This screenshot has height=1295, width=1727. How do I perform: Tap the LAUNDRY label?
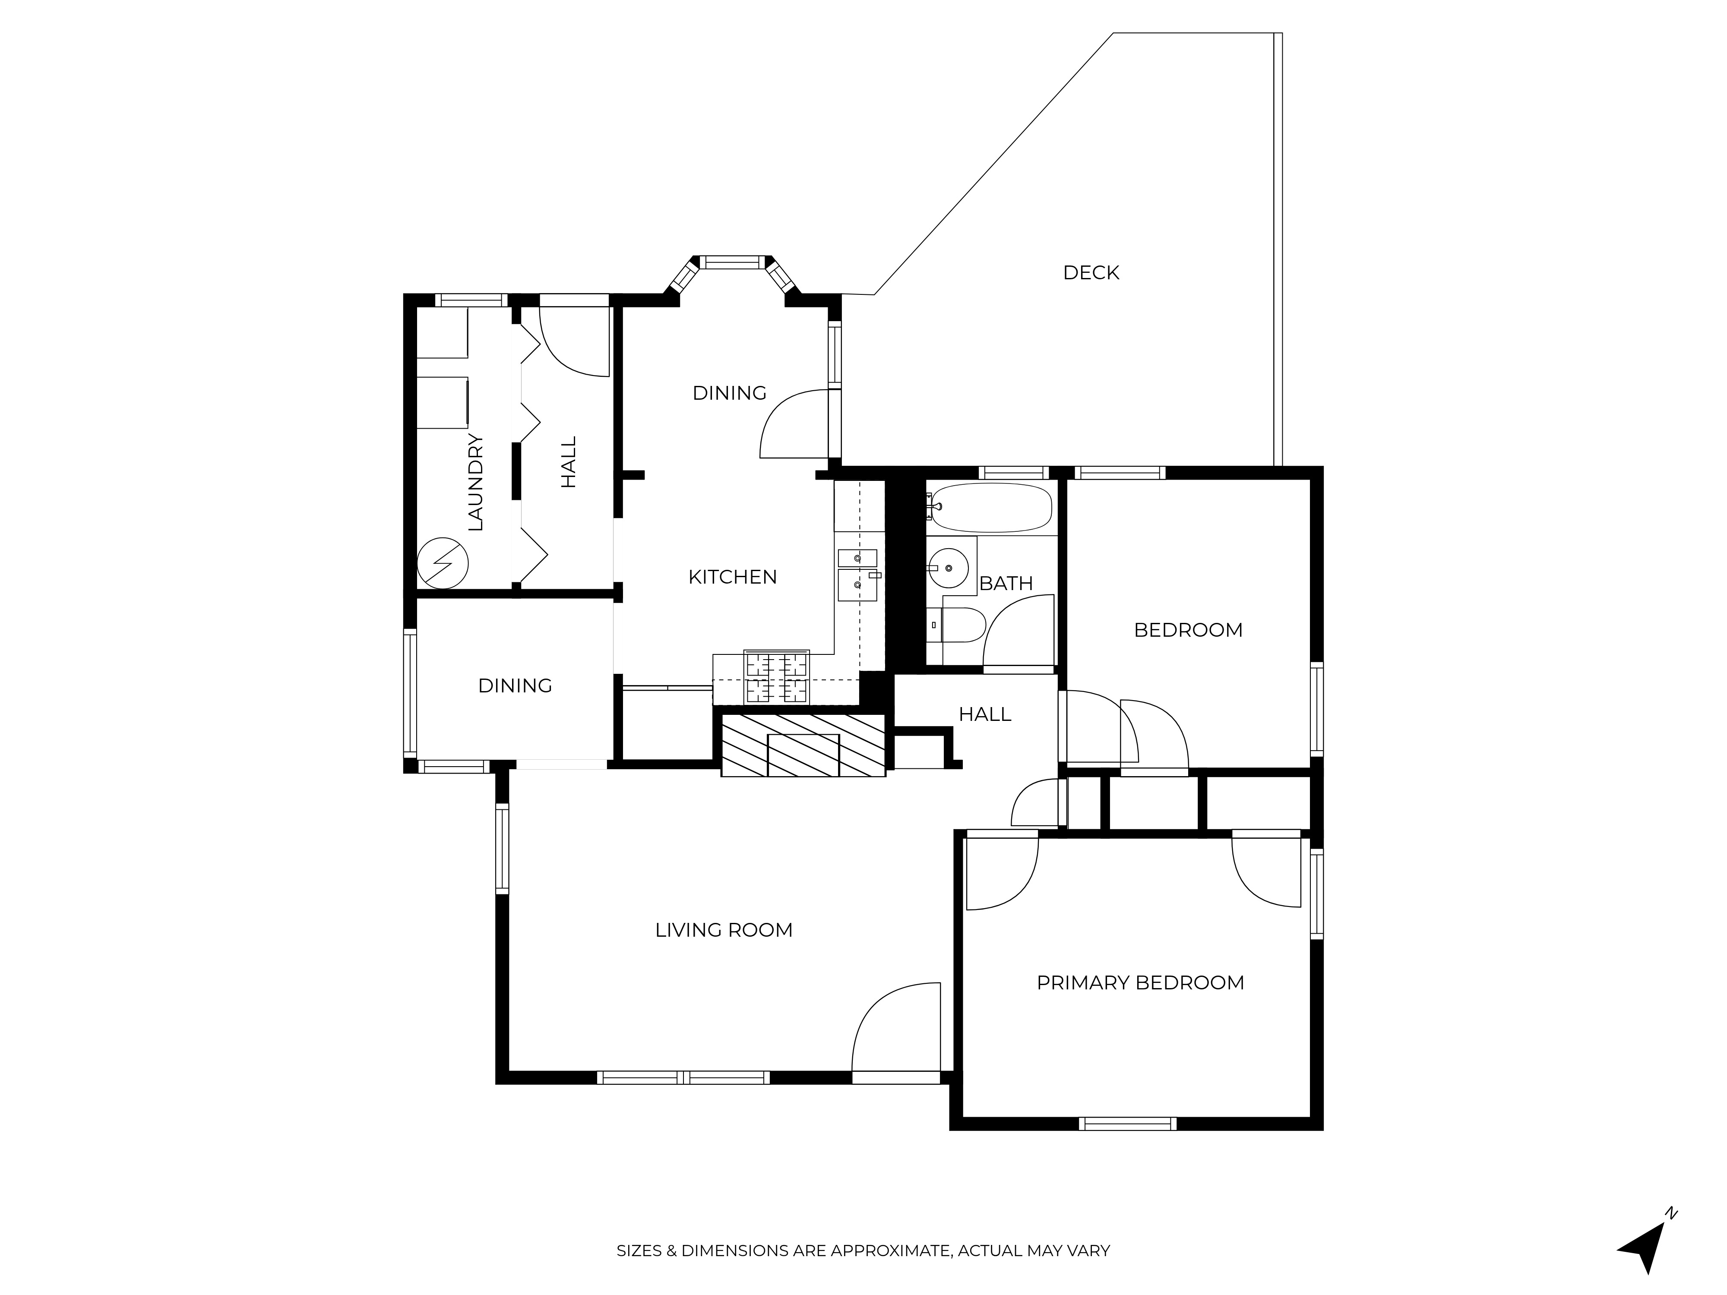(x=475, y=483)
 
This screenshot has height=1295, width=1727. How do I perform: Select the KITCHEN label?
(x=732, y=577)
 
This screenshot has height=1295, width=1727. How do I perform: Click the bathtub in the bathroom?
(x=992, y=507)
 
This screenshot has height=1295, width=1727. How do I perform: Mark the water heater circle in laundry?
(x=443, y=562)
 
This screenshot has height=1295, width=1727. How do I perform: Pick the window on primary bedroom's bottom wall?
(x=1127, y=1124)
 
